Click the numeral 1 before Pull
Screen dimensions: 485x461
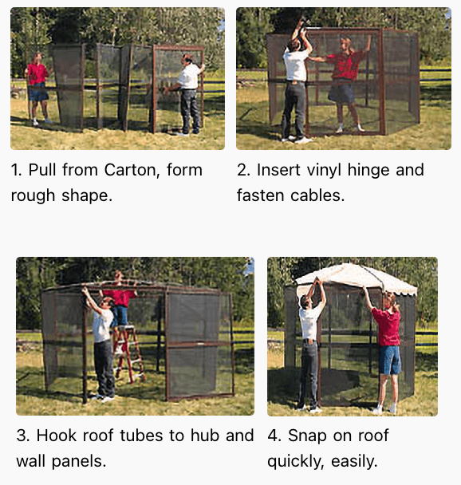pyautogui.click(x=15, y=170)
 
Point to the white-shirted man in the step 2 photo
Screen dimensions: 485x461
pyautogui.click(x=296, y=84)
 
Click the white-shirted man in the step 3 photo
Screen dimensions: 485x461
pyautogui.click(x=103, y=343)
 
